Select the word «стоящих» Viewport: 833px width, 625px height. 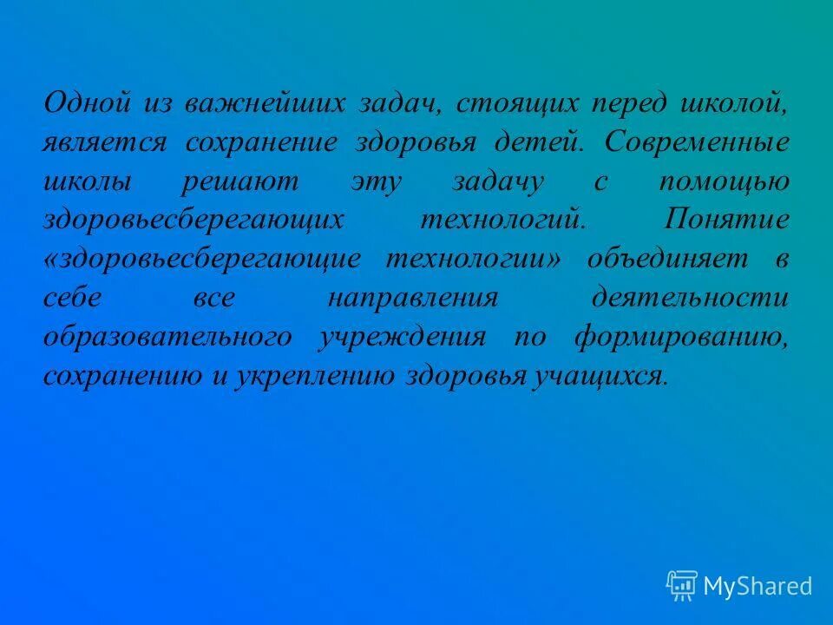pyautogui.click(x=517, y=103)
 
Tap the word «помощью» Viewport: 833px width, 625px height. pyautogui.click(x=736, y=181)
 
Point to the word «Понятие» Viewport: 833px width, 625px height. pyautogui.click(x=726, y=220)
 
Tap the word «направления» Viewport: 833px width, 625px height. pyautogui.click(x=413, y=298)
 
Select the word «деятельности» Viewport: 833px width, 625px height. pyautogui.click(x=691, y=298)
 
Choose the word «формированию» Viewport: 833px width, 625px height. pyautogui.click(x=681, y=337)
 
